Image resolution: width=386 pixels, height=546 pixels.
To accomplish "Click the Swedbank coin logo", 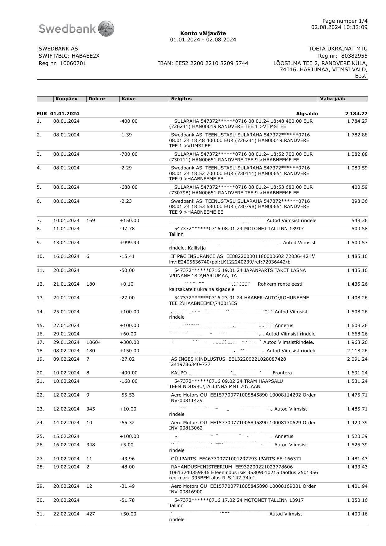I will pyautogui.click(x=106, y=29).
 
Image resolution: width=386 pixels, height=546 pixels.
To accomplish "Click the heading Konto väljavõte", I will pyautogui.click(x=203, y=33).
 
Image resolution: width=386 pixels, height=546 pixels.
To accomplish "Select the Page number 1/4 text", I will pyautogui.click(x=345, y=21).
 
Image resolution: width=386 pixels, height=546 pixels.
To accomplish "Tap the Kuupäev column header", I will pyautogui.click(x=66, y=99).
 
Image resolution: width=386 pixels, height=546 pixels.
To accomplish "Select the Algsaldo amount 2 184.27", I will pyautogui.click(x=356, y=114).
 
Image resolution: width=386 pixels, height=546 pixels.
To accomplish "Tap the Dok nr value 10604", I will pyautogui.click(x=93, y=342).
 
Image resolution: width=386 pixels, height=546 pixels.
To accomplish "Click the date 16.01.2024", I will pyautogui.click(x=66, y=256).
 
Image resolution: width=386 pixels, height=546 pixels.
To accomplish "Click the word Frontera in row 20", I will pyautogui.click(x=282, y=373).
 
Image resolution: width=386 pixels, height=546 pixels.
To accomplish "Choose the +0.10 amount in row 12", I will pyautogui.click(x=126, y=284).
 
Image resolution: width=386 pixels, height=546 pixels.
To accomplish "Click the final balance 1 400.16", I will pyautogui.click(x=357, y=514).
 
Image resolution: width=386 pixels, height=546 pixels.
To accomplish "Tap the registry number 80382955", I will pyautogui.click(x=354, y=56).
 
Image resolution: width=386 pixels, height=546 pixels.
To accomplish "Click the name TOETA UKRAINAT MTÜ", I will pyautogui.click(x=338, y=49).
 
